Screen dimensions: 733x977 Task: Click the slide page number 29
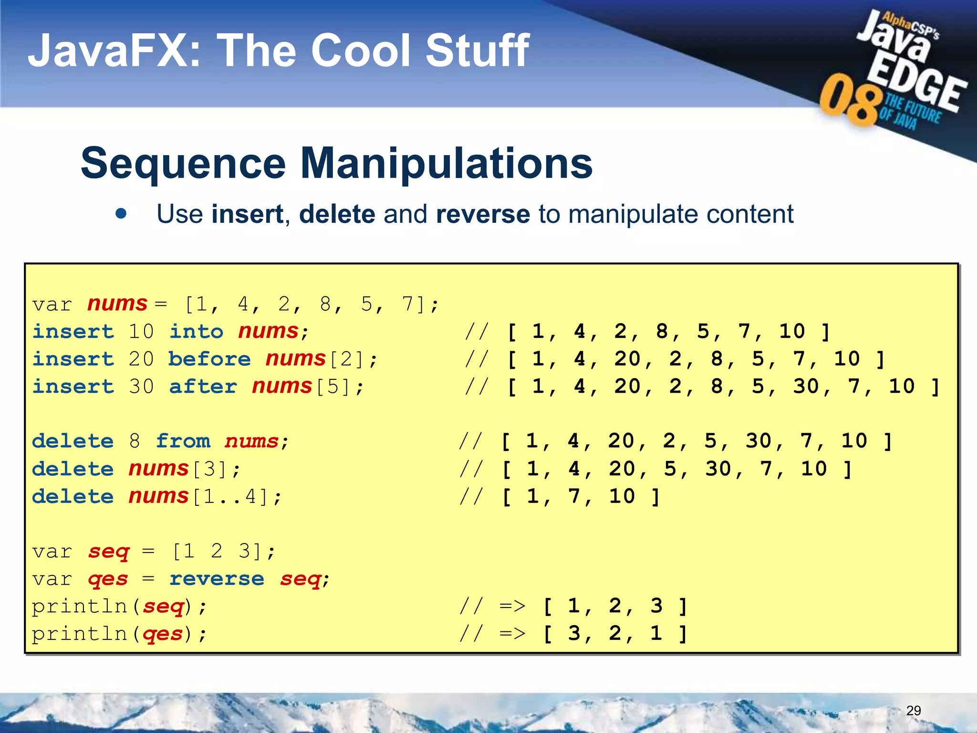(913, 711)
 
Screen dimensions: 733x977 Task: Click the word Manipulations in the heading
(446, 163)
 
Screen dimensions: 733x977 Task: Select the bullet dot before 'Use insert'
(121, 213)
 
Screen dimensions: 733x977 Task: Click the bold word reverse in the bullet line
(482, 214)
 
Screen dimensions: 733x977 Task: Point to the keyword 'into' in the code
(196, 331)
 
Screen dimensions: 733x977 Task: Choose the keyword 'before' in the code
(209, 359)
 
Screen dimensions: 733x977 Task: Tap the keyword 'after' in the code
(203, 387)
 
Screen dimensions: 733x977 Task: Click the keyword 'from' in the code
(183, 441)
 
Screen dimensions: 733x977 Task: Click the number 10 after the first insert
(141, 331)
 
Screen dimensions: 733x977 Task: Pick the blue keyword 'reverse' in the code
(217, 579)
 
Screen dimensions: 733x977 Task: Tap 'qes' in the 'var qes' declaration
(108, 579)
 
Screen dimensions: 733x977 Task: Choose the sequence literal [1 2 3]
(217, 551)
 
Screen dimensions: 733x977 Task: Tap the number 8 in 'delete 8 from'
(135, 441)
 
